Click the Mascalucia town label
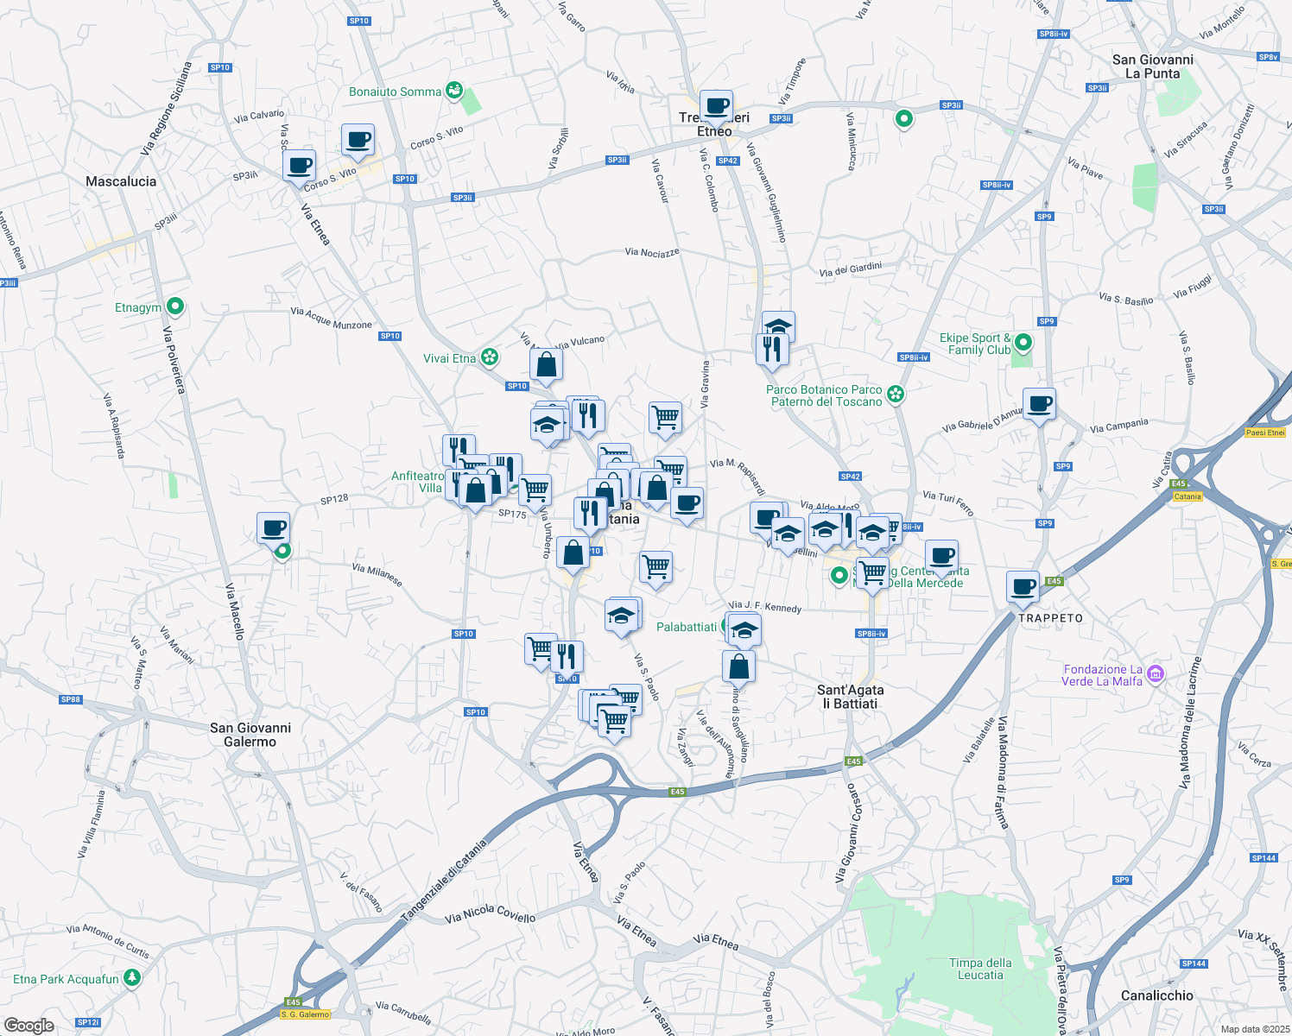pos(121,181)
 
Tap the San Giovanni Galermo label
pos(250,735)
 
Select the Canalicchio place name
pos(1156,995)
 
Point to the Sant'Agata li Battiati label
pos(850,697)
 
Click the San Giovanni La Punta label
pos(1152,66)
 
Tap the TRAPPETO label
pos(1050,618)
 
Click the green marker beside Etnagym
pos(175,306)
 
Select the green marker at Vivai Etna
pos(490,357)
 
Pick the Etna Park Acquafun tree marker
pos(132,978)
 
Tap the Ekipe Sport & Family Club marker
pos(1023,343)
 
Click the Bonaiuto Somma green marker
pos(454,90)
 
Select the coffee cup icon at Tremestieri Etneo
pos(716,107)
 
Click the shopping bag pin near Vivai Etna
pos(546,365)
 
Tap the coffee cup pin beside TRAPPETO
pos(1023,587)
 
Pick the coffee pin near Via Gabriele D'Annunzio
pos(1039,404)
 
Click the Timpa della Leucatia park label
pos(980,969)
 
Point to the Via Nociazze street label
pos(652,252)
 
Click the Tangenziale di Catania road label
pos(444,880)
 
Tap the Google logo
pos(29,1025)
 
